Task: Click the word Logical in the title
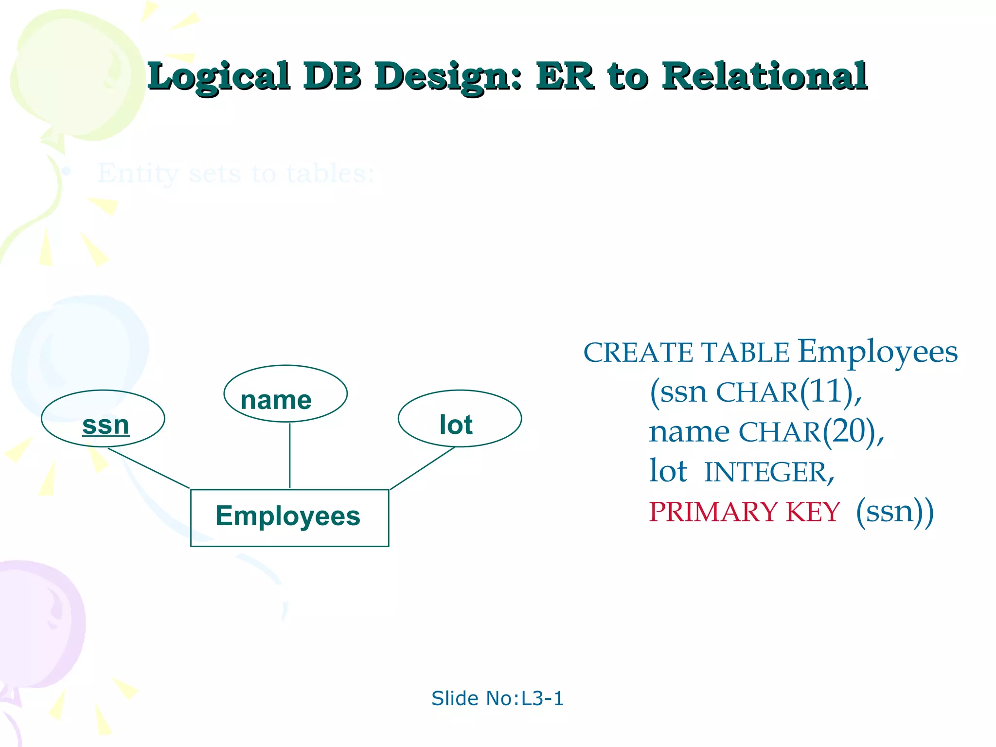click(219, 77)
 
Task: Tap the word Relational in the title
click(765, 77)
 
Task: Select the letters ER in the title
click(565, 77)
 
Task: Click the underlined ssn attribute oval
click(103, 419)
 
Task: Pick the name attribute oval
click(285, 393)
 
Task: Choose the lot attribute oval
click(460, 419)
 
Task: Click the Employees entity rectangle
click(289, 517)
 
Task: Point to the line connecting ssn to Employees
click(148, 468)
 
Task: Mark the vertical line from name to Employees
click(290, 456)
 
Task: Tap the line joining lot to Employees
click(422, 468)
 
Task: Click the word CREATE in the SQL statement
click(639, 353)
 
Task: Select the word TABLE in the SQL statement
click(745, 353)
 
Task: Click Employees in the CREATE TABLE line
click(877, 352)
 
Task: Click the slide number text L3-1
click(542, 698)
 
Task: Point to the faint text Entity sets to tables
click(236, 174)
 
